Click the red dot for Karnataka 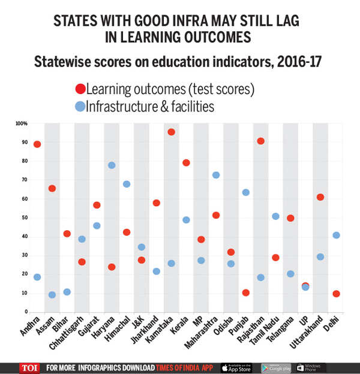[x=171, y=132]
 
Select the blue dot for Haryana [x=112, y=165]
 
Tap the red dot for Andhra [x=37, y=144]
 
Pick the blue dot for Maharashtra [x=216, y=175]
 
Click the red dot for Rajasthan [x=260, y=141]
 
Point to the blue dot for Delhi [x=336, y=235]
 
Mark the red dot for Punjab [x=245, y=292]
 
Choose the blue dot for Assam [x=52, y=294]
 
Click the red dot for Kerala [x=186, y=163]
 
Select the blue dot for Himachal [x=127, y=184]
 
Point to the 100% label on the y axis [x=22, y=123]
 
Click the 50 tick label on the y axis [x=25, y=218]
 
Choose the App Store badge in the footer [x=236, y=367]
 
